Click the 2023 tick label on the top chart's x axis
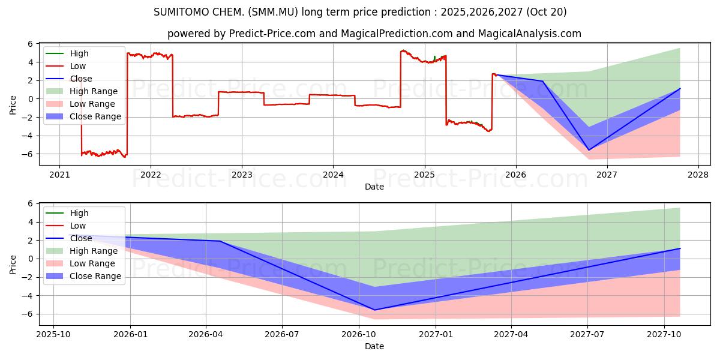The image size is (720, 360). (x=242, y=175)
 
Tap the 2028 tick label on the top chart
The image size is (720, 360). (x=698, y=175)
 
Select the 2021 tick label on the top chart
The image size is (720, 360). (x=59, y=175)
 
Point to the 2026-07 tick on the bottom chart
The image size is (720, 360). (x=282, y=334)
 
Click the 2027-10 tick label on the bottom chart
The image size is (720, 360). (x=664, y=334)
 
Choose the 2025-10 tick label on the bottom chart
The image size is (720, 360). (x=53, y=334)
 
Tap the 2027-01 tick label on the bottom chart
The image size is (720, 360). (x=436, y=334)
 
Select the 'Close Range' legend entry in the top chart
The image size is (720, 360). (x=95, y=116)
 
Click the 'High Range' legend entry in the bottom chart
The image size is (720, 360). (x=94, y=251)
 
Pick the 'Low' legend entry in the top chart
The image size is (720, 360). (x=78, y=66)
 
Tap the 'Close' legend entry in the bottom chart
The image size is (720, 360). (x=81, y=238)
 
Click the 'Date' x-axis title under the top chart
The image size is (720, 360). (x=374, y=187)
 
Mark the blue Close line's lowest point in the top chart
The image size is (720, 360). (x=589, y=150)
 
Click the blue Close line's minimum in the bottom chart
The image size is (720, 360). (x=375, y=310)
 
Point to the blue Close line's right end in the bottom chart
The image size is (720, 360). (x=680, y=248)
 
